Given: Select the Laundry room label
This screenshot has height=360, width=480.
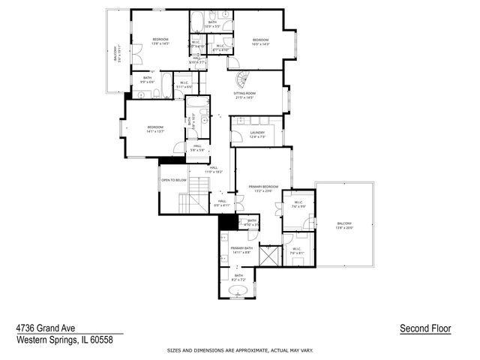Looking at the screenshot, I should (257, 134).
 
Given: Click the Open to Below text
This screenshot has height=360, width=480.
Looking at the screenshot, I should (173, 181).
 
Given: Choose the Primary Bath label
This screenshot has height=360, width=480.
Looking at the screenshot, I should (241, 250).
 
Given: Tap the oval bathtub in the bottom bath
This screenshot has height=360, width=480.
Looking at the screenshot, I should (238, 289).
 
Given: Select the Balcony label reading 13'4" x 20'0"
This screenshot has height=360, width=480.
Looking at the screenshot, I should (344, 226).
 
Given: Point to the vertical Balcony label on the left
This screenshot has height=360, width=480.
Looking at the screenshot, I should (117, 54).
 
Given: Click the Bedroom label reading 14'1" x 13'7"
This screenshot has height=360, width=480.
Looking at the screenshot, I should (155, 129).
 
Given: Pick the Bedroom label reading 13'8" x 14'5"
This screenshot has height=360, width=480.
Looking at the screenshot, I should (160, 41).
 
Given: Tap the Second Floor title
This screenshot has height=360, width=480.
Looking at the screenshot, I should (425, 328).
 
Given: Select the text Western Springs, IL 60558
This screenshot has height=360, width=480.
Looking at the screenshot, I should (64, 340).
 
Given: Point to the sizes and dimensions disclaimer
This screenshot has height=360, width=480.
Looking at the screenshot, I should (240, 350).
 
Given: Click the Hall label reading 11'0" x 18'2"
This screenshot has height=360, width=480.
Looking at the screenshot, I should (214, 169).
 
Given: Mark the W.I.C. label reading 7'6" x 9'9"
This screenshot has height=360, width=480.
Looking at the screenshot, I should (298, 205).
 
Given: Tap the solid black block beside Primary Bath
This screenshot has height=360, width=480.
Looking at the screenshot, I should (226, 223).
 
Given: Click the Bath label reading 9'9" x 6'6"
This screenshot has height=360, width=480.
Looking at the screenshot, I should (147, 79).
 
